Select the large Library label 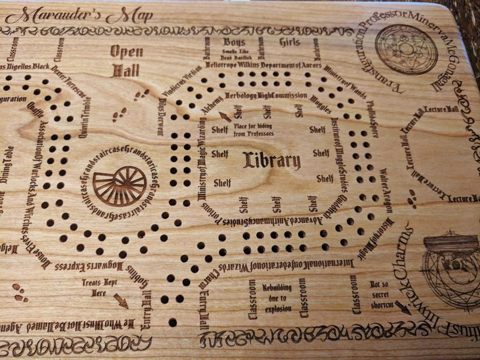(272, 160)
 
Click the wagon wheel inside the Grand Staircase (119, 186)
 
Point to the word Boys (234, 42)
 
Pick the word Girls (289, 42)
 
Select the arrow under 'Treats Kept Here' (121, 301)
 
